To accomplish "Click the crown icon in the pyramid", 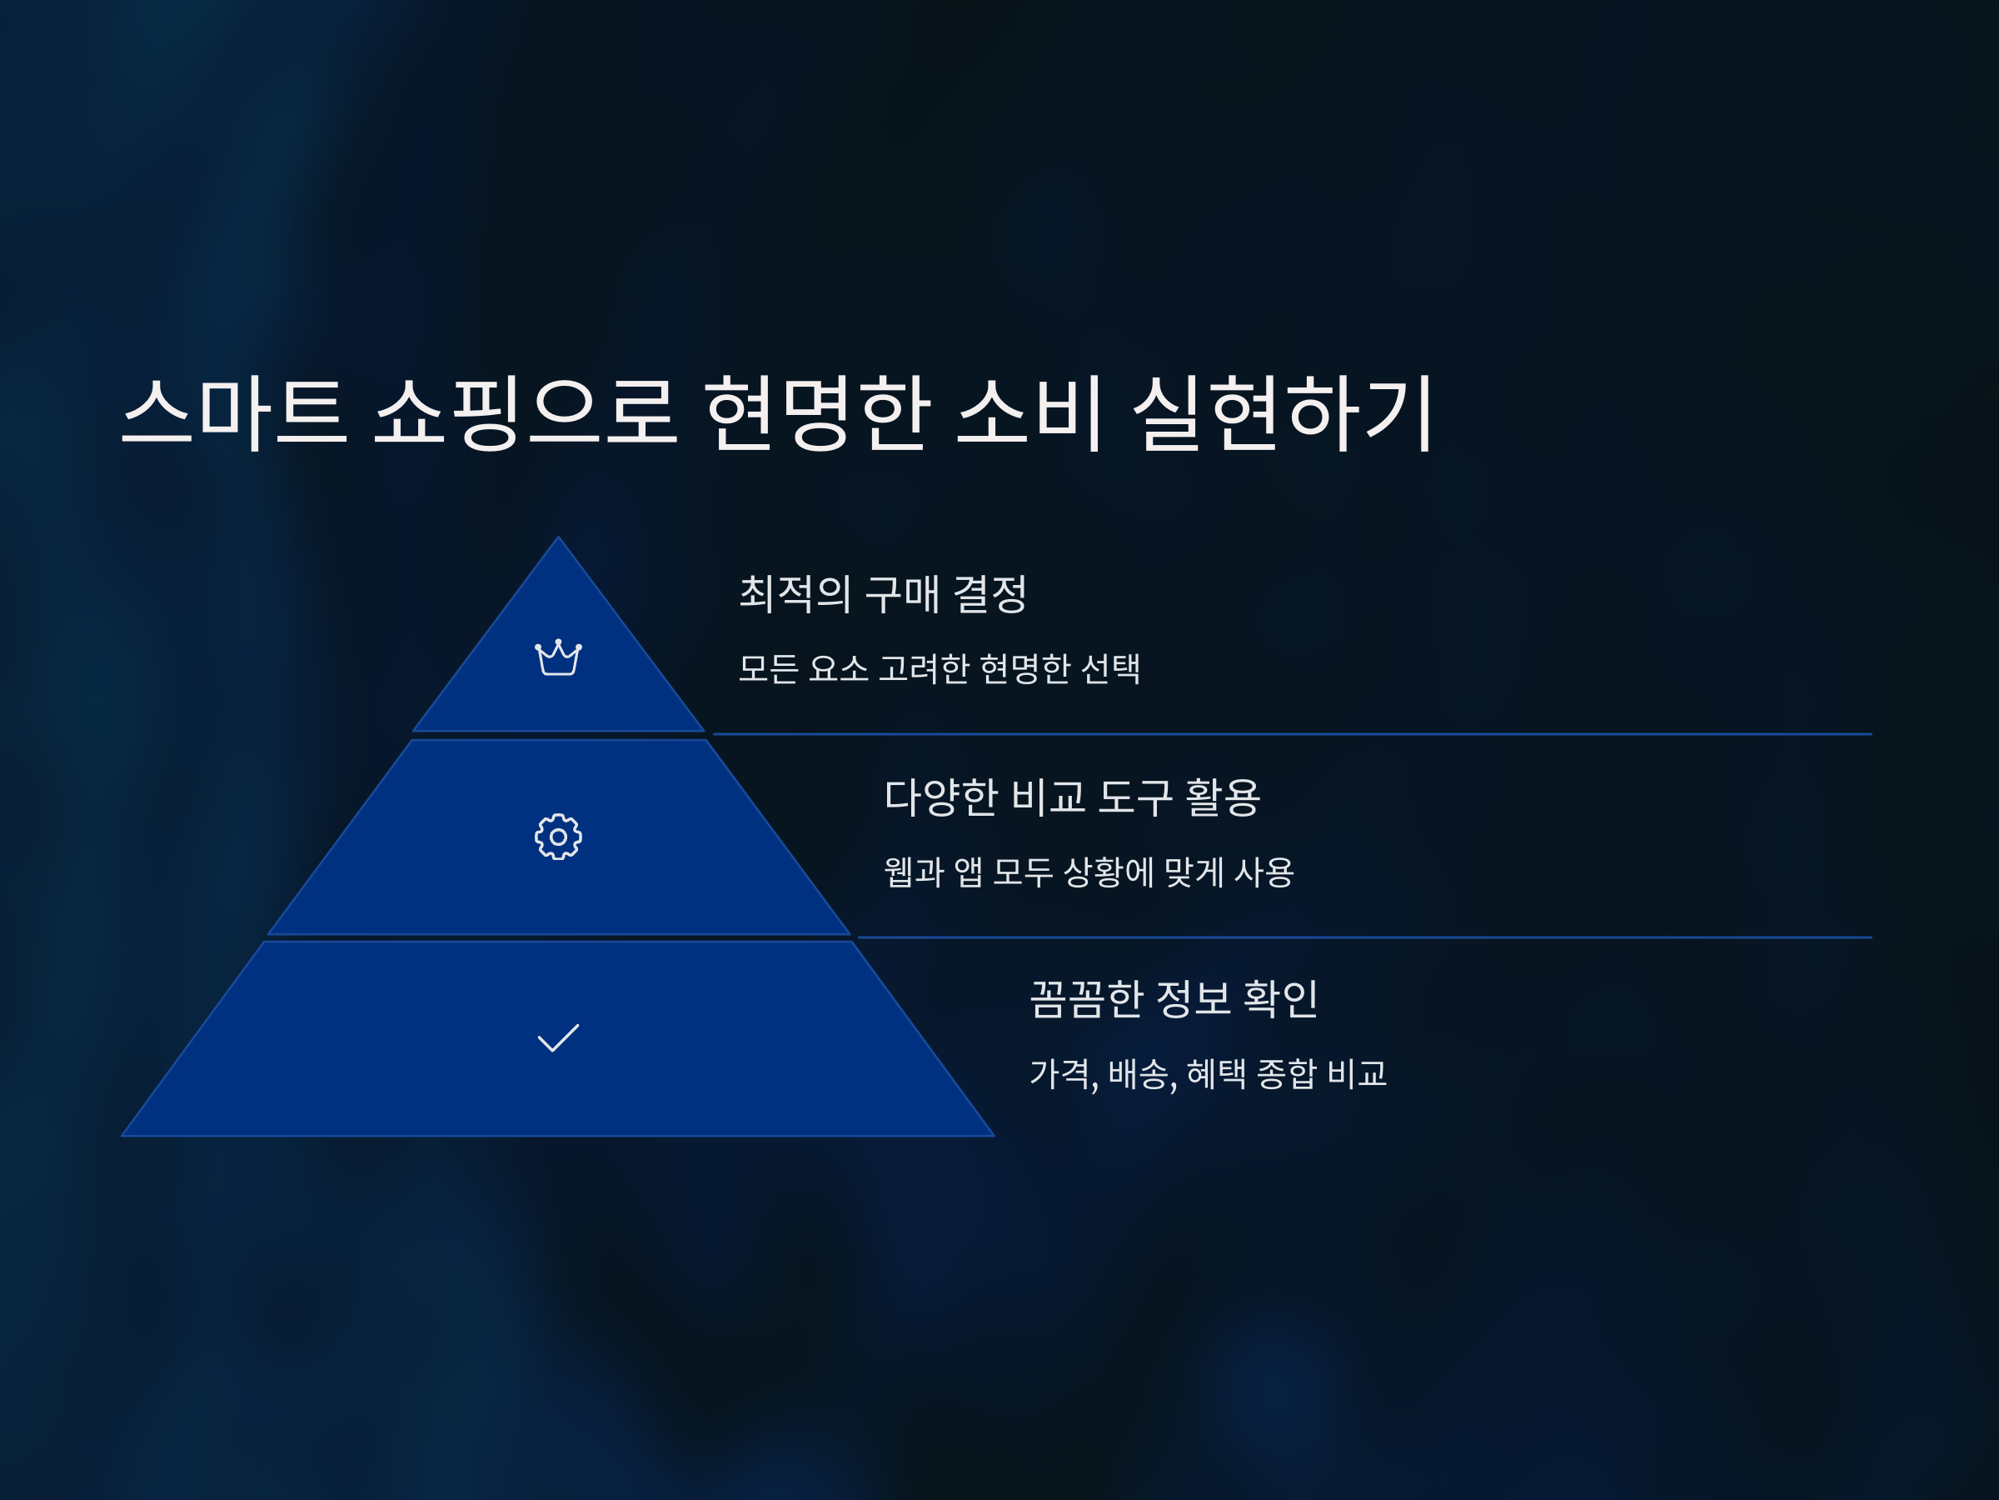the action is tap(557, 657).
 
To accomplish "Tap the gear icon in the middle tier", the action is tap(557, 837).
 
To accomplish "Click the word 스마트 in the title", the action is tap(234, 412).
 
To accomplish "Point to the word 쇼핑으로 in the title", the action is tap(525, 412).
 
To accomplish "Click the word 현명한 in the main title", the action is tap(817, 412).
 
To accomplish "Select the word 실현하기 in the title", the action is tap(1283, 412).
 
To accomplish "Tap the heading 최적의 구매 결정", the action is tap(883, 594).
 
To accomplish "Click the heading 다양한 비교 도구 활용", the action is tap(1072, 797).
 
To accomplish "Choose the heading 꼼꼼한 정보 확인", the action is tap(1174, 998).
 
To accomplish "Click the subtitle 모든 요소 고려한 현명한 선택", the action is tap(939, 668).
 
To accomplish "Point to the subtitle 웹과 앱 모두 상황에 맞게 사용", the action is tap(1088, 872).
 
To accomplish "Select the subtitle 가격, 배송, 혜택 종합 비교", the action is tap(1209, 1073).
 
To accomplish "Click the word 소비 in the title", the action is tap(1029, 412).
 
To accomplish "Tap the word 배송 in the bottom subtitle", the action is tap(1140, 1073).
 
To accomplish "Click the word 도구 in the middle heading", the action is tap(1135, 797).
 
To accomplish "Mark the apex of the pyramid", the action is tap(557, 540).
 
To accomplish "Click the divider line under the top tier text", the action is tap(1293, 734).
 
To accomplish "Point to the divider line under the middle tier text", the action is tap(1364, 937).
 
